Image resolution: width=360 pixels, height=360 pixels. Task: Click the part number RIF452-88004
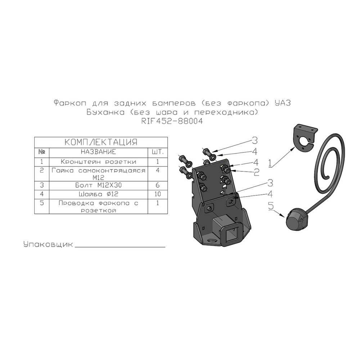pos(172,121)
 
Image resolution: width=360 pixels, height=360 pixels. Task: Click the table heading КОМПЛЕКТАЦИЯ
pos(101,142)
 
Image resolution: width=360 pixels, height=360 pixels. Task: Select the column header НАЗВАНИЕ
pos(99,152)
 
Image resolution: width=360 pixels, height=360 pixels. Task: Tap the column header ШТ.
pos(158,152)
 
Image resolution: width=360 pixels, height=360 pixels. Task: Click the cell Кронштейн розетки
pos(99,162)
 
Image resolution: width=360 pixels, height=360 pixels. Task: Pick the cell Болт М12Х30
pos(99,185)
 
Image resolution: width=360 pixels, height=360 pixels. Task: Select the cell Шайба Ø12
pos(99,194)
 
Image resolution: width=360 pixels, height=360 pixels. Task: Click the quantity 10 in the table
pos(158,194)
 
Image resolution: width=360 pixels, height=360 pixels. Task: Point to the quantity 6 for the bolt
pos(158,185)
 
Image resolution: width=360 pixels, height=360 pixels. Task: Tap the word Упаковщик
pos(48,244)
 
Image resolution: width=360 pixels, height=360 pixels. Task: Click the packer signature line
pos(120,247)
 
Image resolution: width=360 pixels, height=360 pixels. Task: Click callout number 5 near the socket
pos(271,206)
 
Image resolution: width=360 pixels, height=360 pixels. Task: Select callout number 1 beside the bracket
pos(270,163)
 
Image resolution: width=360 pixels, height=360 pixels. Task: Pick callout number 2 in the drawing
pos(256,172)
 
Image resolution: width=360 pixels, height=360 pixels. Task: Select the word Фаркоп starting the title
pos(70,103)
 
